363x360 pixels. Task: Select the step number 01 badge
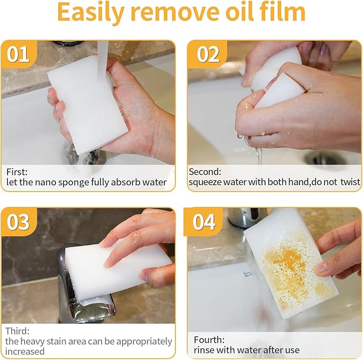point(18,55)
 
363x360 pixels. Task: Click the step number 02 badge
point(208,55)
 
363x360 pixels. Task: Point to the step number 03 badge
point(18,221)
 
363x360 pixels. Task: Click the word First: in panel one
point(17,172)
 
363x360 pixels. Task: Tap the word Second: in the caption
point(205,172)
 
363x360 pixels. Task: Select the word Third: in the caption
point(17,331)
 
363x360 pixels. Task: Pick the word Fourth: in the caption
point(209,340)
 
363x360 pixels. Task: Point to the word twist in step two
point(350,182)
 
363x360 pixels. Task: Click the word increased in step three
point(25,351)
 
